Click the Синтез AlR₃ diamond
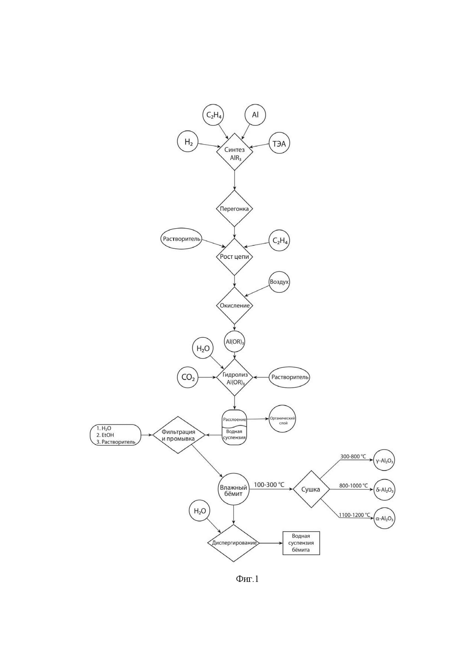tap(234, 154)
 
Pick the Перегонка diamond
tap(234, 209)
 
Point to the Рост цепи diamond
tap(234, 257)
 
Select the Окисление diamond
tap(234, 306)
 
